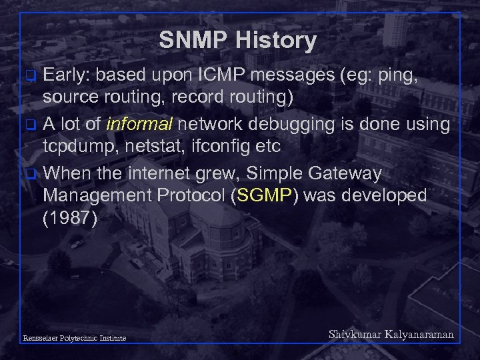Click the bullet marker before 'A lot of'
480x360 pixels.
click(29, 124)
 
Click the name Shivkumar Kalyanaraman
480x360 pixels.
click(391, 335)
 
